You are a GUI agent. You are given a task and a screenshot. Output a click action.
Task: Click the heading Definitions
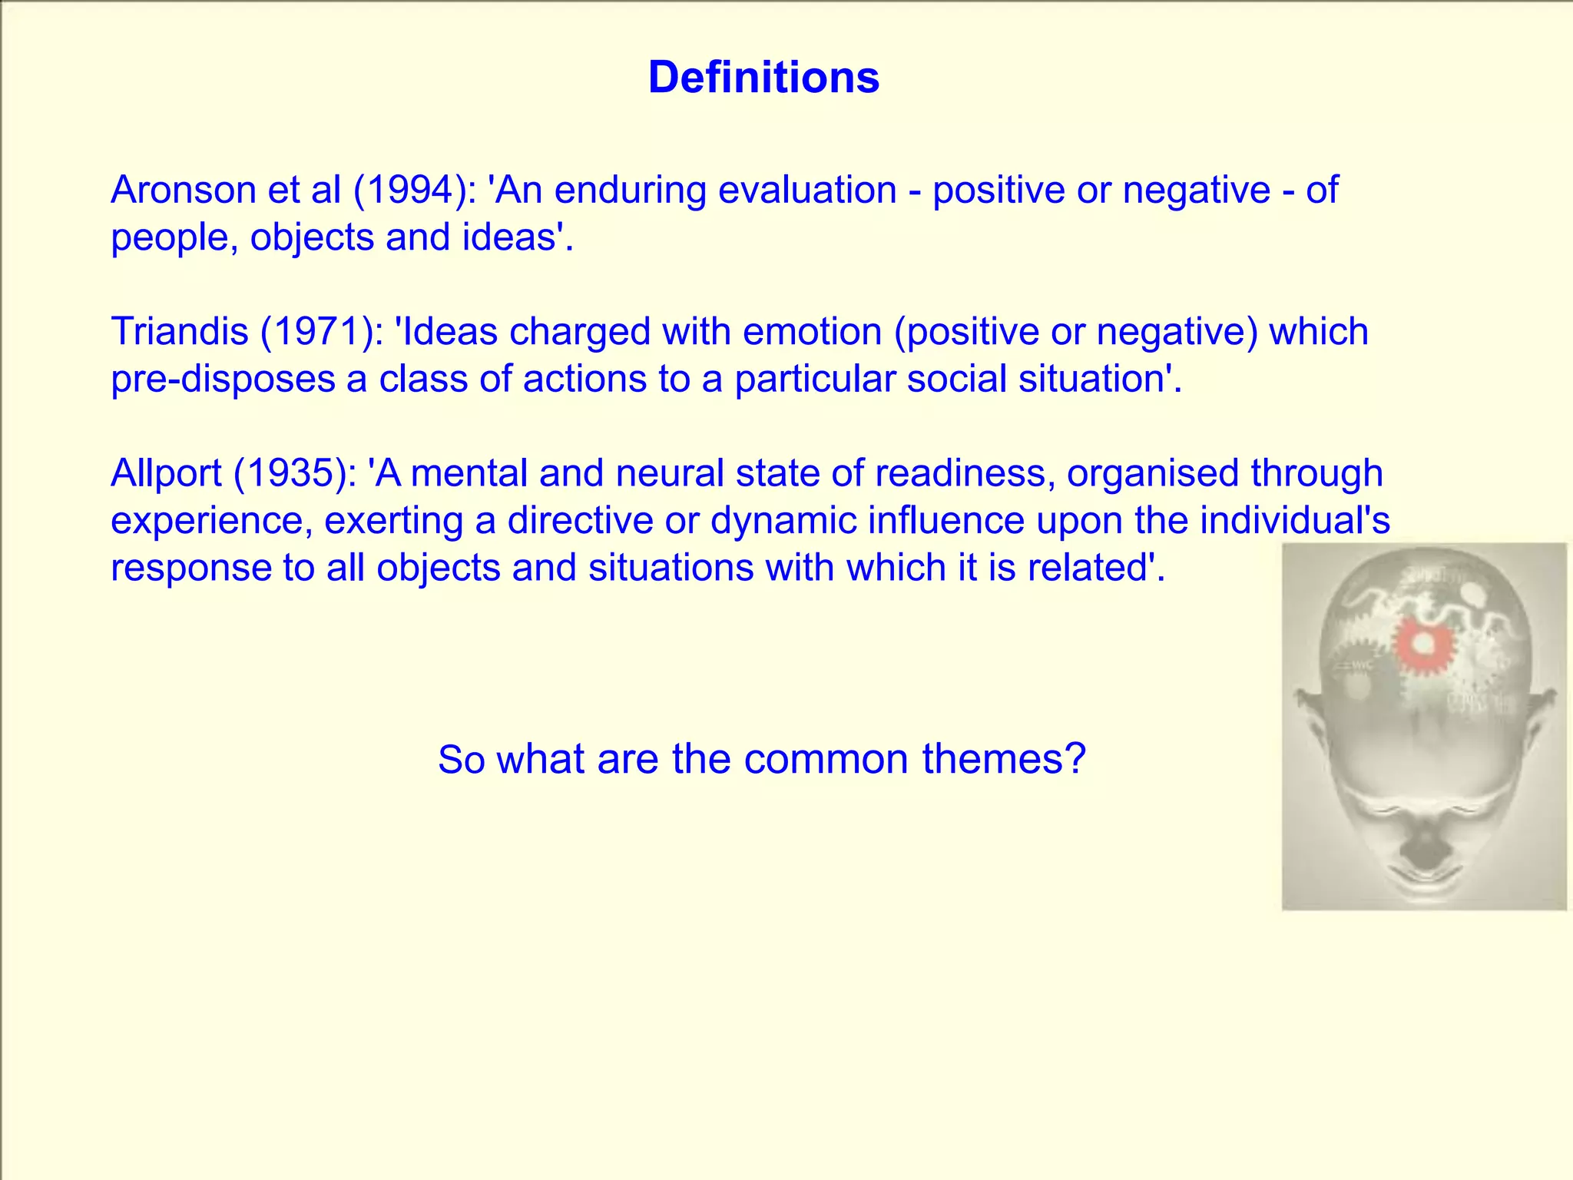(x=763, y=78)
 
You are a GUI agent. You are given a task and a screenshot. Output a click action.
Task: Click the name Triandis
(x=180, y=332)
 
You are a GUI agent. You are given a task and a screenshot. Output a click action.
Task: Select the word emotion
(x=812, y=332)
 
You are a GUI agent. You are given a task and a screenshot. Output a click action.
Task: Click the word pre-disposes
(x=223, y=380)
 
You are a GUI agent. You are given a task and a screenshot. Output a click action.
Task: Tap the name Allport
(x=165, y=473)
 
